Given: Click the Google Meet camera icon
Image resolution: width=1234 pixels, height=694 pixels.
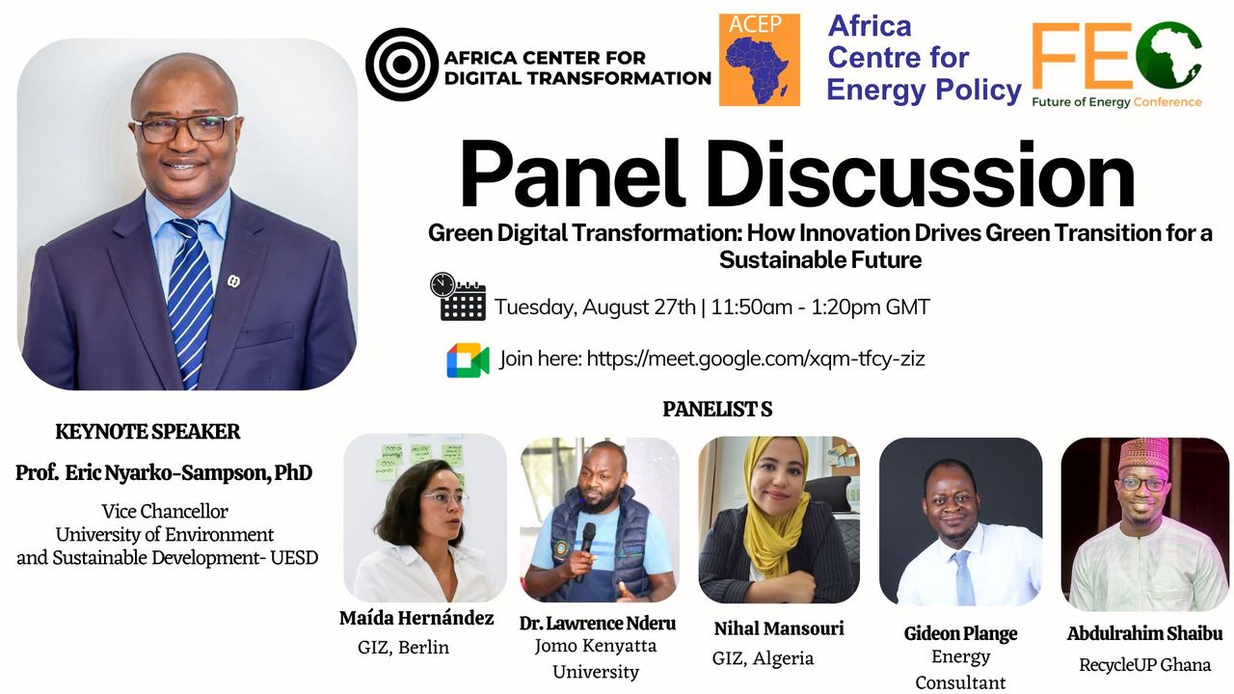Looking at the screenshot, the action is click(x=468, y=360).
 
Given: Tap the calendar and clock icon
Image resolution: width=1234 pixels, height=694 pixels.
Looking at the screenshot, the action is click(x=458, y=296).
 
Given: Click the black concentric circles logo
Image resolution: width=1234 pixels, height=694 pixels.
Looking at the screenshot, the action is click(x=402, y=65).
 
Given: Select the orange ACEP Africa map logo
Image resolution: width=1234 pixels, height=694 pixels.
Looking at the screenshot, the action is click(x=759, y=60).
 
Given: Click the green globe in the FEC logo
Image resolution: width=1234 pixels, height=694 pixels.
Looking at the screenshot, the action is click(x=1167, y=55).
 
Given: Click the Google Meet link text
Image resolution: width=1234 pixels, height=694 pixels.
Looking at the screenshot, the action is click(x=756, y=360).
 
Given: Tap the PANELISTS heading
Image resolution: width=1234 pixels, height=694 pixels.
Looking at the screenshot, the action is click(x=717, y=410).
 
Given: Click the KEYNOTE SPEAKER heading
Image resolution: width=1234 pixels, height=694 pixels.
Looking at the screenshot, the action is click(x=148, y=432).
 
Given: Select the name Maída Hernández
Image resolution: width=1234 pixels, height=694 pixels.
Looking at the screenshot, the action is click(x=416, y=619).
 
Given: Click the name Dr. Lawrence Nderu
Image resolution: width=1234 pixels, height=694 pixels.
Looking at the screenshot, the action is click(x=598, y=623).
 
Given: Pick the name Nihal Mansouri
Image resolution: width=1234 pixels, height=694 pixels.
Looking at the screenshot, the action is click(x=779, y=628).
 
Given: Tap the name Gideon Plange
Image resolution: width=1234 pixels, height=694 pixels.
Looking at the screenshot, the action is click(x=961, y=634).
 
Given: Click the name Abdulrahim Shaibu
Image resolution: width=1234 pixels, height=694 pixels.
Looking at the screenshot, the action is click(x=1144, y=634).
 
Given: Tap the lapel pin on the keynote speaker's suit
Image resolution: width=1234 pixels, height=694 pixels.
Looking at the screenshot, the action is click(x=233, y=281).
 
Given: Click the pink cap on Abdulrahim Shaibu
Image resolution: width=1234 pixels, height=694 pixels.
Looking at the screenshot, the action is click(x=1144, y=453).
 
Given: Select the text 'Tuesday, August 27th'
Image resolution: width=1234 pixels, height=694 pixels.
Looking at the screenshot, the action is click(x=596, y=307).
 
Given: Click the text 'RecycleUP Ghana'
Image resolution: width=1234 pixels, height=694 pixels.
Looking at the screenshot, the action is click(x=1144, y=665).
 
